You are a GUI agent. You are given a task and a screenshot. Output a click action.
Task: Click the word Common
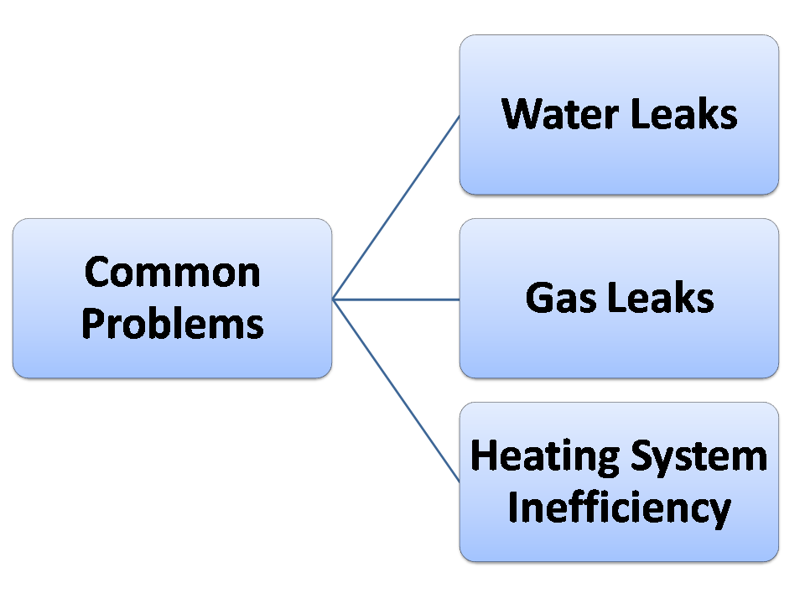(173, 273)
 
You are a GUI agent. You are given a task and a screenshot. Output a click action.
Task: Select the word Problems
(173, 323)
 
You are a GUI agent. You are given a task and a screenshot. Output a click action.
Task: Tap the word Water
(559, 113)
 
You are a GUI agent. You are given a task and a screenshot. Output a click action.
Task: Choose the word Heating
(543, 456)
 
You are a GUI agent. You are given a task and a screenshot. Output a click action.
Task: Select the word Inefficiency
(619, 508)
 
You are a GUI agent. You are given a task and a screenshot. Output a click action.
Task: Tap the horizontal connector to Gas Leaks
(396, 299)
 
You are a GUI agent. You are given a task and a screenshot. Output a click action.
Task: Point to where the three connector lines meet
(333, 299)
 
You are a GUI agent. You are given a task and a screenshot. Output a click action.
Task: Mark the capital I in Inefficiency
(515, 506)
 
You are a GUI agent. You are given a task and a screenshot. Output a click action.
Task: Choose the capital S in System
(641, 456)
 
